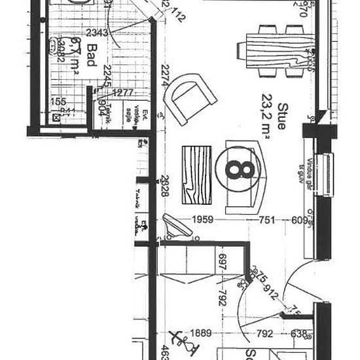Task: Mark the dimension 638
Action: [298, 334]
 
